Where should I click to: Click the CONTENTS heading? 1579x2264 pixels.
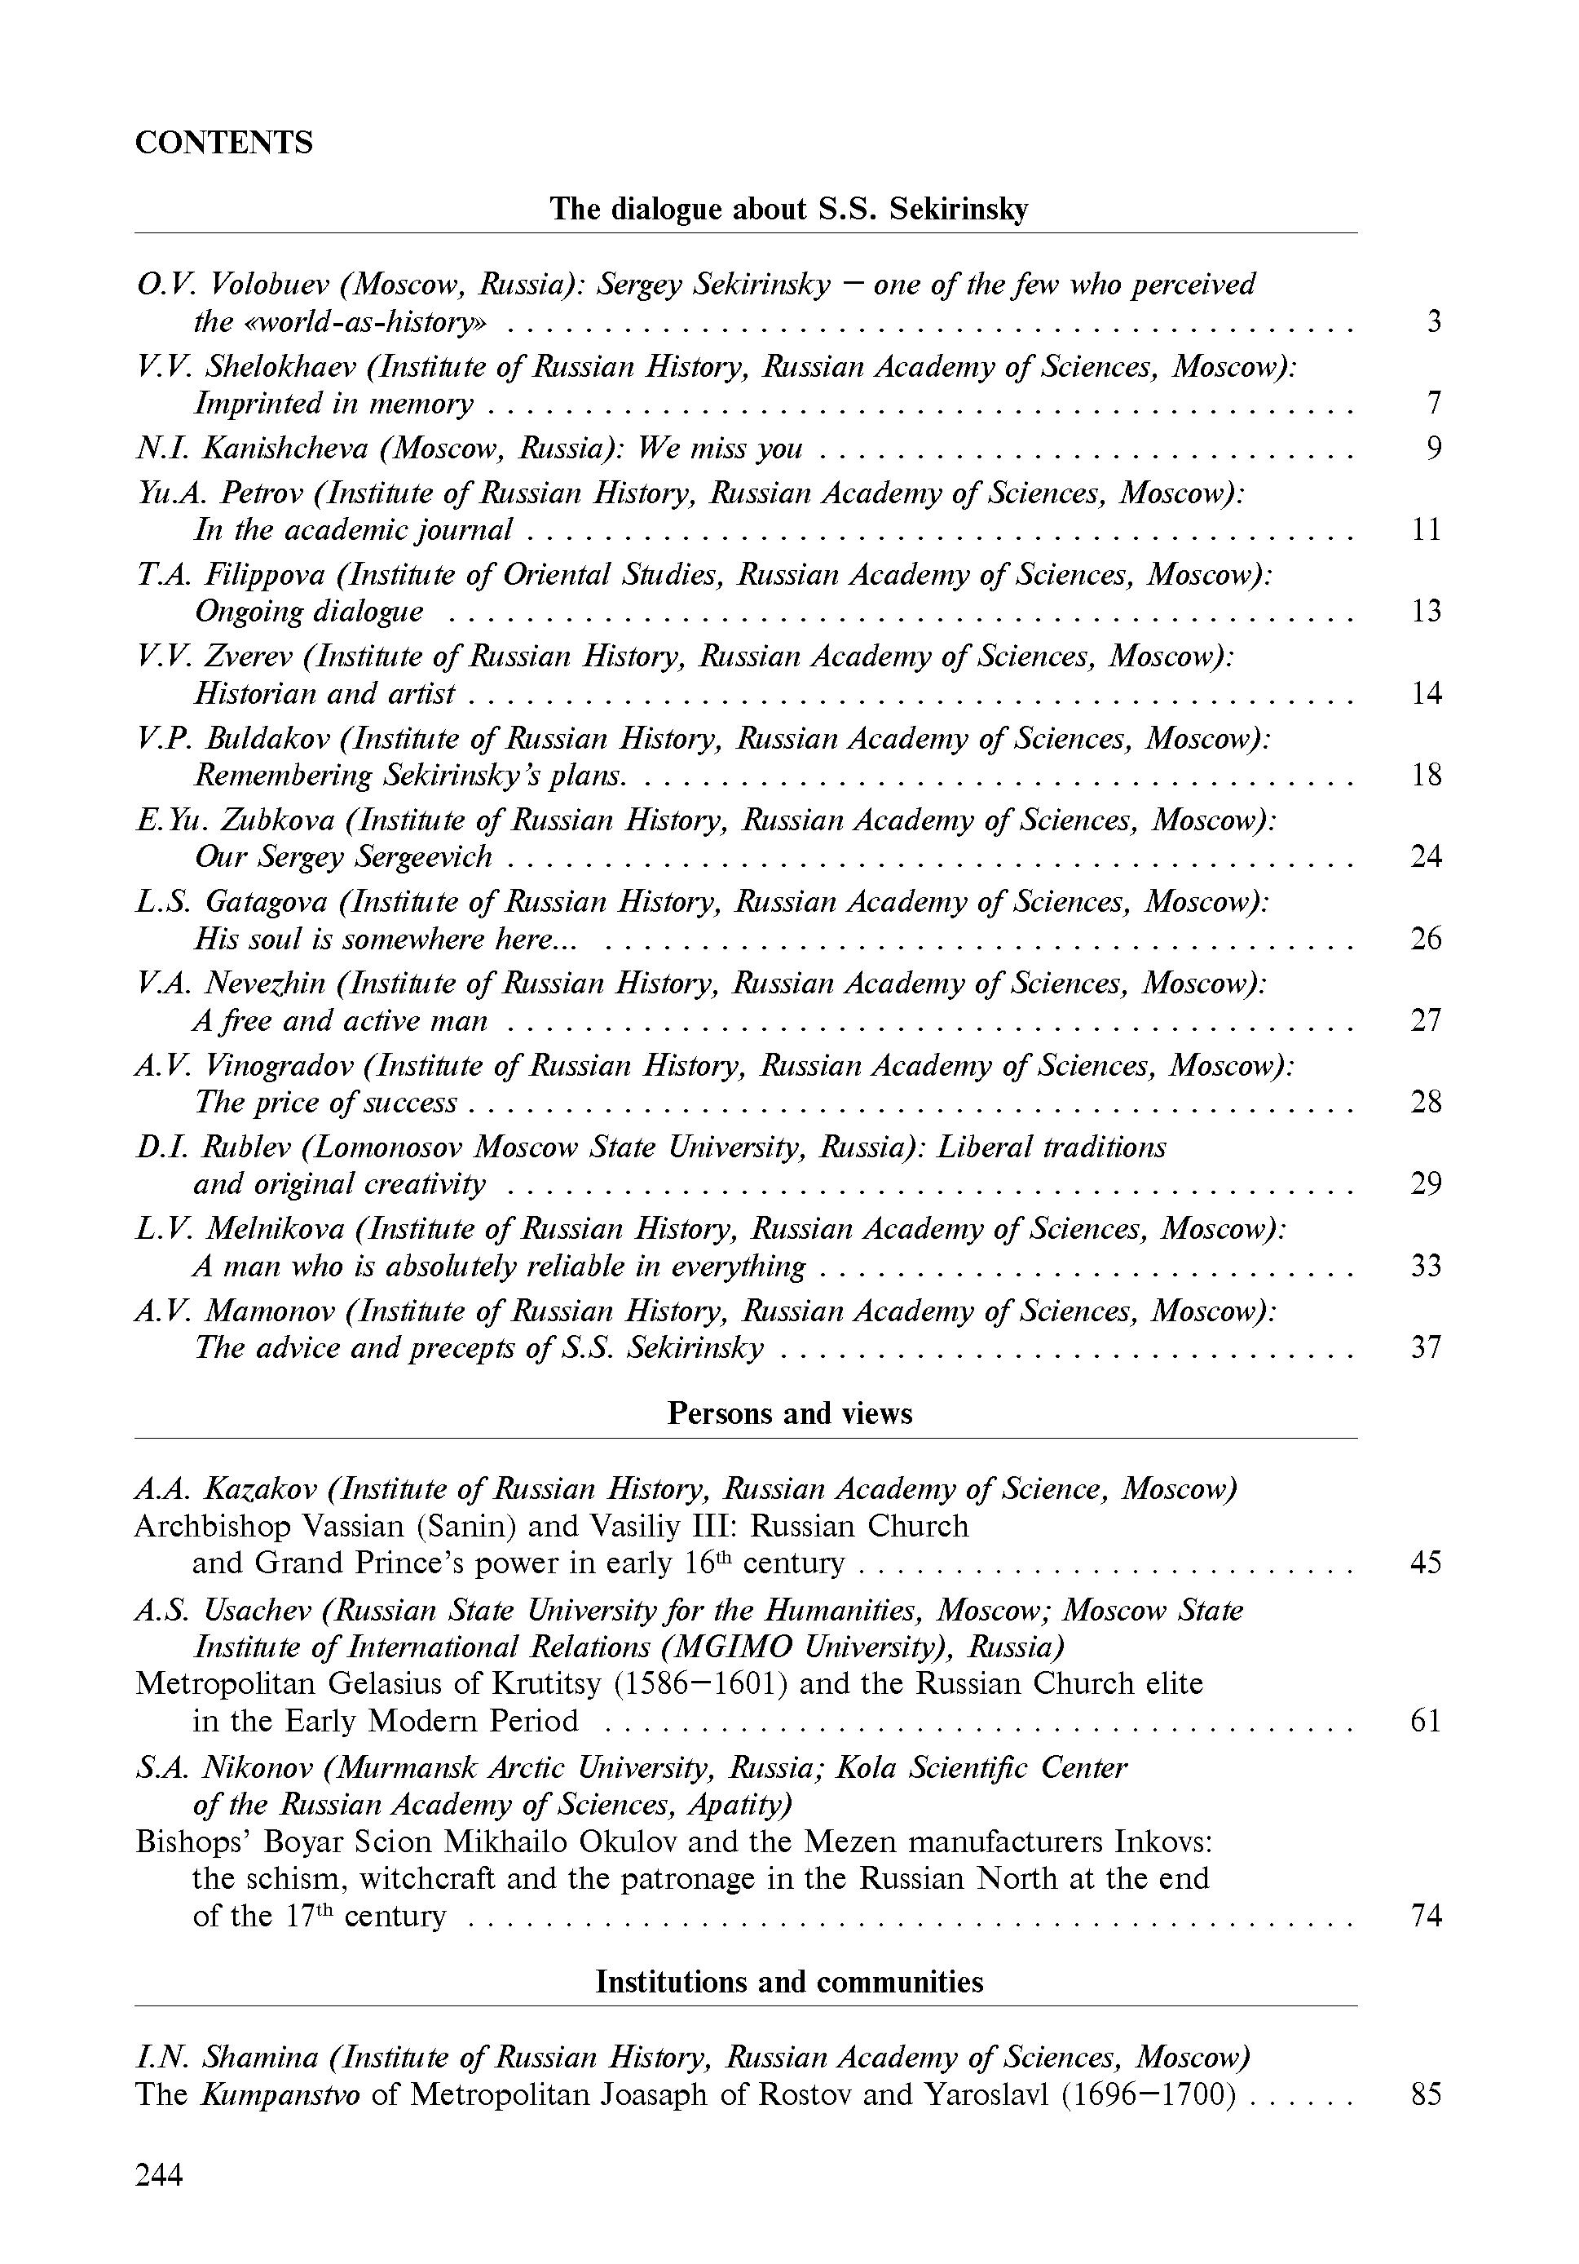pyautogui.click(x=223, y=143)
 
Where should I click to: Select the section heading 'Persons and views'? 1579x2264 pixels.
pyautogui.click(x=789, y=1413)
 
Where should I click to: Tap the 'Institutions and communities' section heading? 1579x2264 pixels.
pyautogui.click(x=789, y=1981)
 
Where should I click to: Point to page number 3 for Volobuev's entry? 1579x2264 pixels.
pyautogui.click(x=1434, y=321)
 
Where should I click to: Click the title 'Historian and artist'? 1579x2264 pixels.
pyautogui.click(x=324, y=693)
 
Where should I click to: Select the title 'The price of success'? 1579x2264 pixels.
pyautogui.click(x=325, y=1103)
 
